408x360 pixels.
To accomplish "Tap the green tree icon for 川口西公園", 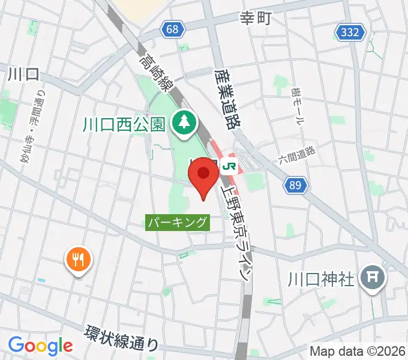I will (181, 123).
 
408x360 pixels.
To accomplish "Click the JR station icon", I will (229, 165).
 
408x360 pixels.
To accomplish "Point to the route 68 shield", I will (173, 29).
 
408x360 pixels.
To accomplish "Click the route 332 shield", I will (351, 33).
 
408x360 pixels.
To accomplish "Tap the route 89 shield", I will (295, 186).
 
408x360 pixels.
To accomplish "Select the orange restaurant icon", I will (79, 259).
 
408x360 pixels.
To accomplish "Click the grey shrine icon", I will (373, 278).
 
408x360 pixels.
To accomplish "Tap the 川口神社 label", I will (322, 279).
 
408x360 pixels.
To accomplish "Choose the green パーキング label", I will (178, 223).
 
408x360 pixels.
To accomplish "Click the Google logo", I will (40, 346).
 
